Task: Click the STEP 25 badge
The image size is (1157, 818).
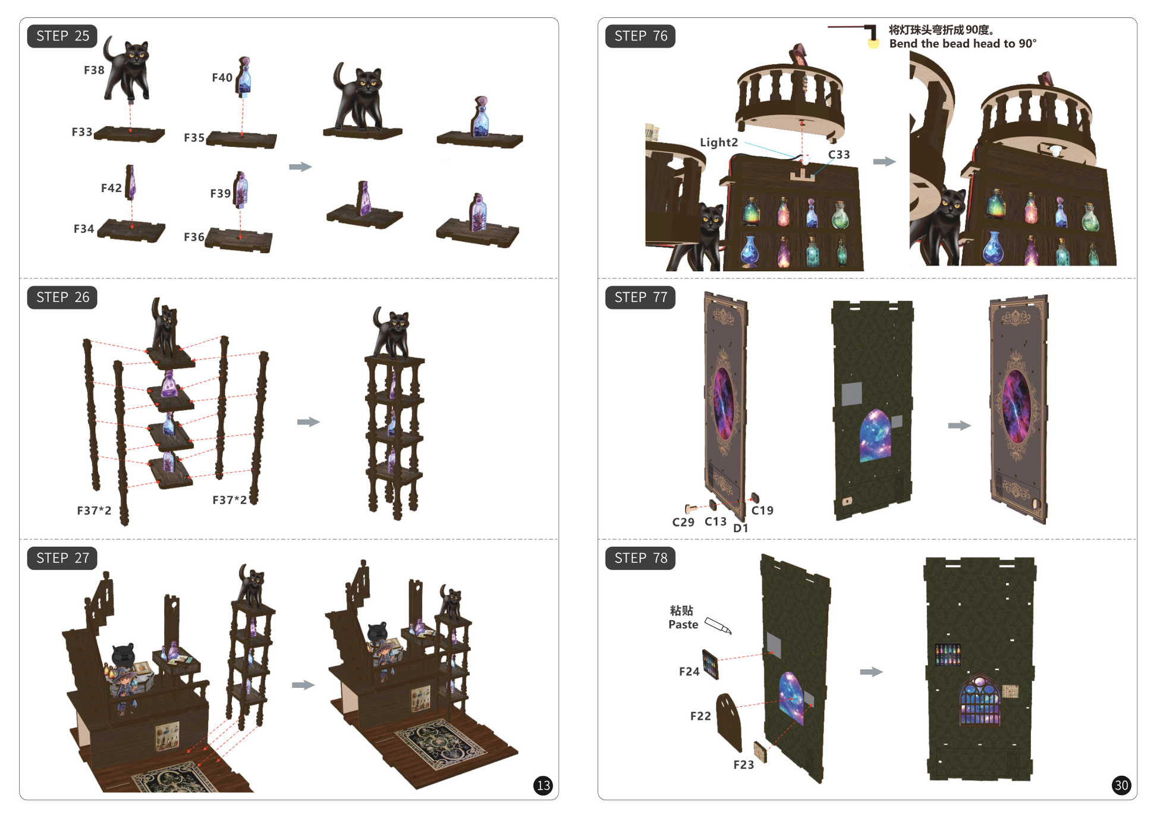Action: (62, 36)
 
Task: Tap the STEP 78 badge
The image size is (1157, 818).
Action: (640, 558)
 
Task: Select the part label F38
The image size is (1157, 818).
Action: (94, 70)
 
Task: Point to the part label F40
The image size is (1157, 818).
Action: (222, 78)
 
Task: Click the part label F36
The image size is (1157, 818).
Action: (194, 237)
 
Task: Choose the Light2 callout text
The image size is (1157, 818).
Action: (719, 143)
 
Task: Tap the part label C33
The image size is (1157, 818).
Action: (839, 155)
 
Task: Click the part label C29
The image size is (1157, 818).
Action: (683, 522)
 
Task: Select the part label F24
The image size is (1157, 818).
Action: (689, 672)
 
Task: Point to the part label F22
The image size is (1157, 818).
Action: (700, 716)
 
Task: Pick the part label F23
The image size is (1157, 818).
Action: (743, 765)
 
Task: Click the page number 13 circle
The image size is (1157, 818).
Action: (543, 785)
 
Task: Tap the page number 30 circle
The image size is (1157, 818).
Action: (1121, 785)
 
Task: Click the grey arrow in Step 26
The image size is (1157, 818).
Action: (309, 422)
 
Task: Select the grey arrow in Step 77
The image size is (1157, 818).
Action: (959, 426)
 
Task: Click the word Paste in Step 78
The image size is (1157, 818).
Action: (683, 625)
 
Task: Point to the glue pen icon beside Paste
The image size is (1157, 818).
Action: (718, 625)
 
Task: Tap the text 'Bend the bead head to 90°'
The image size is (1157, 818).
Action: (963, 44)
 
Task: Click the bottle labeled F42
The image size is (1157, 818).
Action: (131, 183)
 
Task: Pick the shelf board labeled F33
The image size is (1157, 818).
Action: (130, 134)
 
